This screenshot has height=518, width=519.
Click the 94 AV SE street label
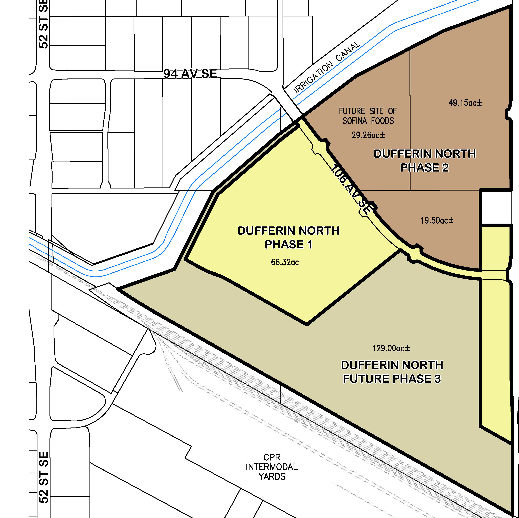(190, 74)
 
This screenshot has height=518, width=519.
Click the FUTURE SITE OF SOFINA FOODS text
(368, 116)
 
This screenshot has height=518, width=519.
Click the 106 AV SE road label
(351, 190)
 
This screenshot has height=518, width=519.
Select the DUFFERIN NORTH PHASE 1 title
(288, 237)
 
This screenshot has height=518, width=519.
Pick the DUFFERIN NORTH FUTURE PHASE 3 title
(392, 372)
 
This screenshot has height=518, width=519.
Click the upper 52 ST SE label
(44, 24)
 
